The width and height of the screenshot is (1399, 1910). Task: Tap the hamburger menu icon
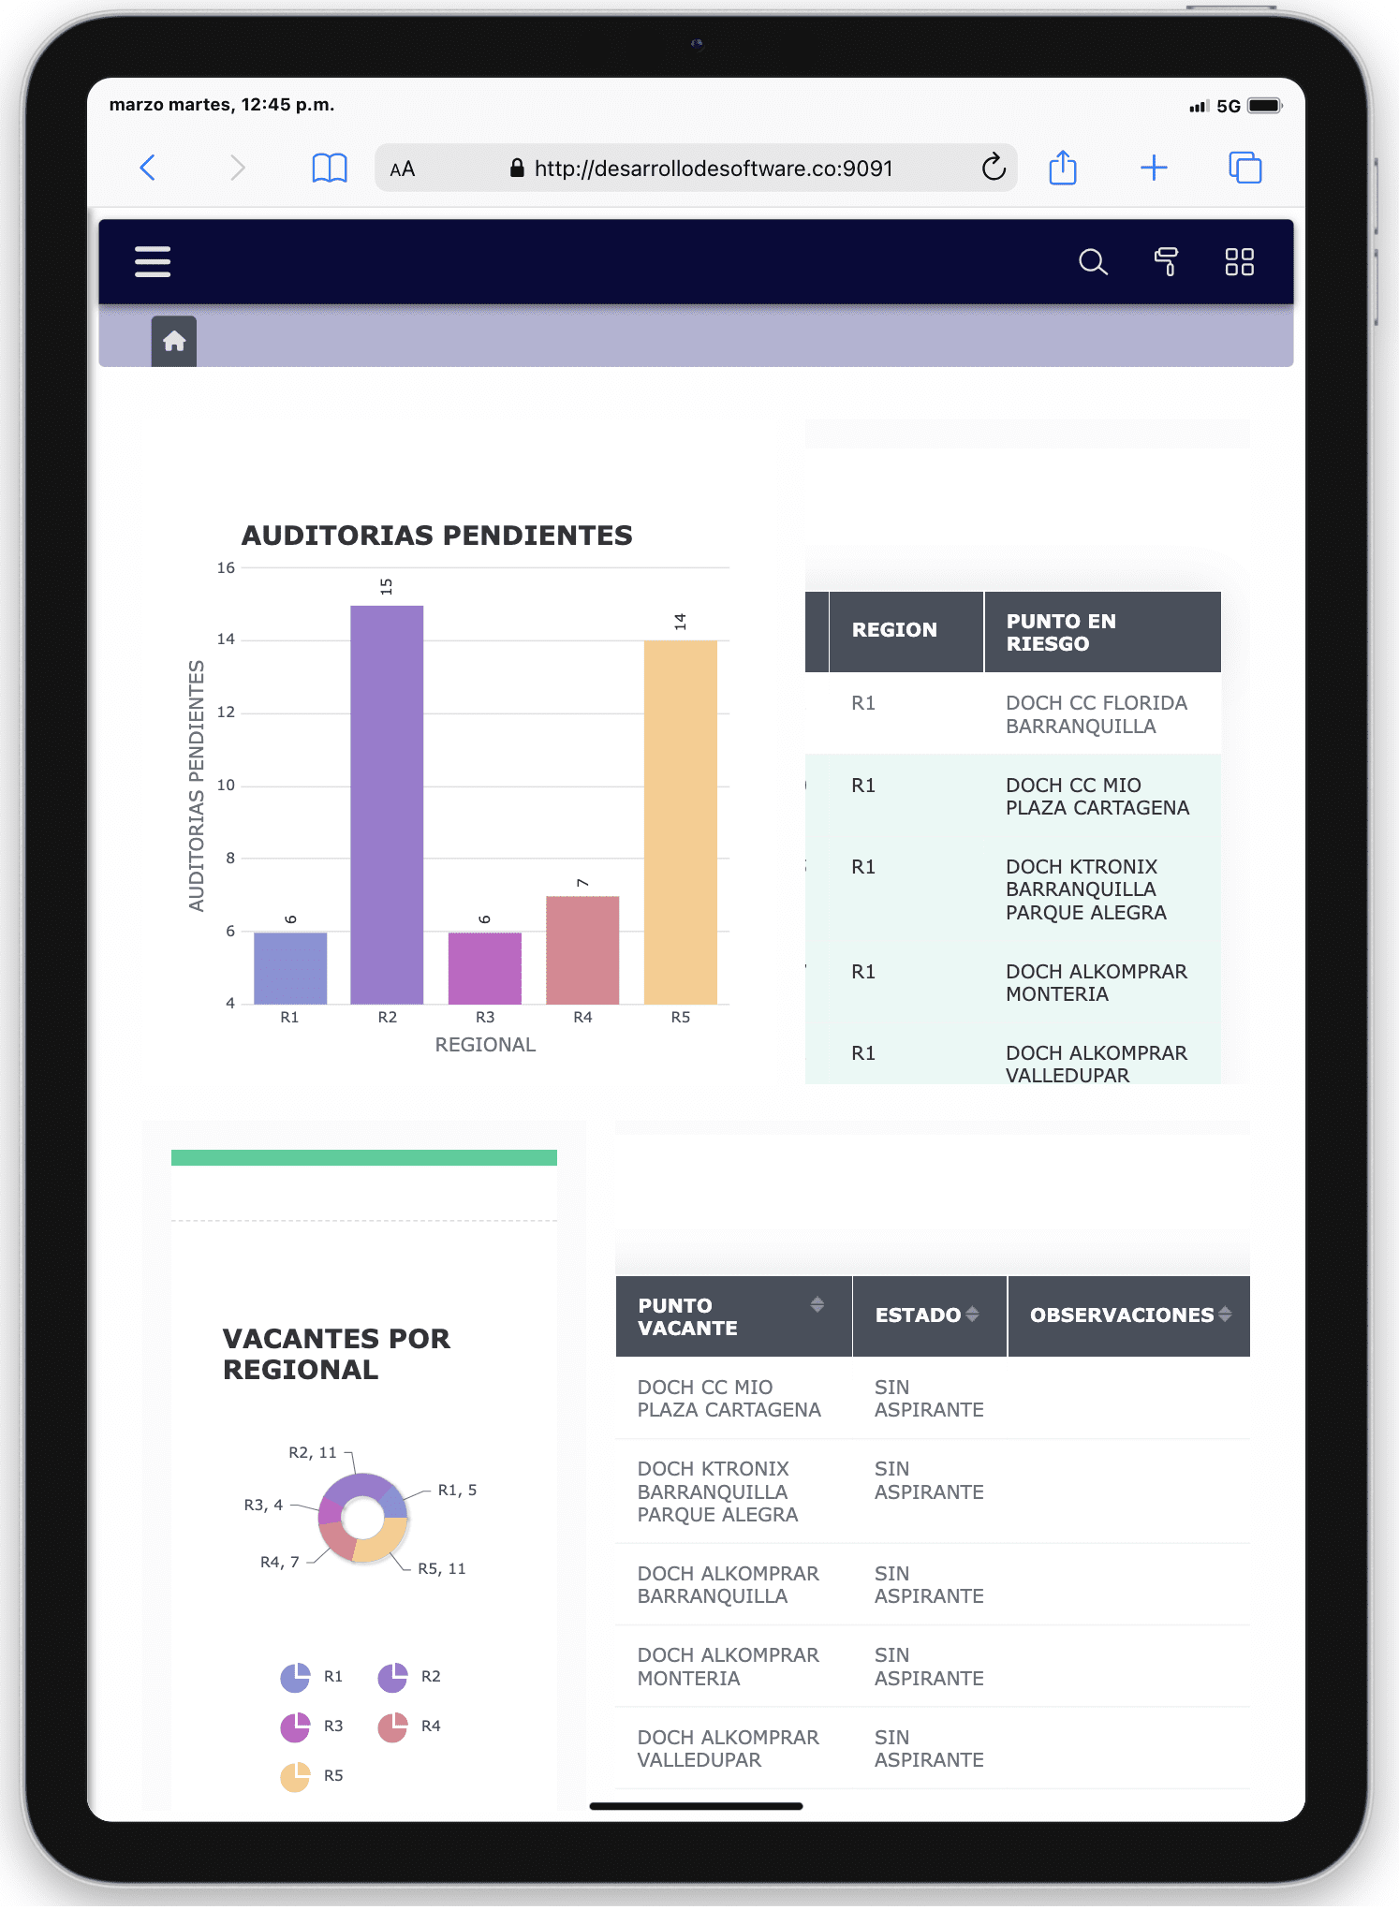pos(153,262)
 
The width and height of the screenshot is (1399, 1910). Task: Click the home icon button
pos(174,341)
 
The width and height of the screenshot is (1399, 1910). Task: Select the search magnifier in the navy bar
pos(1092,262)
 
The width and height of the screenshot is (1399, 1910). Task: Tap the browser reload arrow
pos(994,169)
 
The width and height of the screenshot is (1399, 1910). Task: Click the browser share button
pos(1063,169)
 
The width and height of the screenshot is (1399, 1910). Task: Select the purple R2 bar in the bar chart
pos(387,805)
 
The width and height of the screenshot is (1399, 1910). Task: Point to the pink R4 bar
pos(582,949)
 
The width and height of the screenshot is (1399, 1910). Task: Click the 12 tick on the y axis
pos(226,713)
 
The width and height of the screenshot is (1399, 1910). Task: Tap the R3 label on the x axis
pos(485,1018)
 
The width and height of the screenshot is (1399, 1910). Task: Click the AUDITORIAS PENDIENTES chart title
pos(437,536)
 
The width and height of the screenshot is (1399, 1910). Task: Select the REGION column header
pos(894,630)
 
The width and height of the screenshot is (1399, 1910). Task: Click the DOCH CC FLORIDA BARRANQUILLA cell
pos(1097,714)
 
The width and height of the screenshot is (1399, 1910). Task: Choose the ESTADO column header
pos(918,1315)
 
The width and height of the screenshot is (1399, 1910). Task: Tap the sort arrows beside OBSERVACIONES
pos(1225,1315)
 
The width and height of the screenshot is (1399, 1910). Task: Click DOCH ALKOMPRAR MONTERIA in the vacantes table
pos(728,1667)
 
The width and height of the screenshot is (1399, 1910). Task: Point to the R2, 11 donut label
pos(312,1453)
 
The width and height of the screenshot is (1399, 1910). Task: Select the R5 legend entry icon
pos(295,1776)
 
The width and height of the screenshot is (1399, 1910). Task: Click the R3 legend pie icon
pos(295,1726)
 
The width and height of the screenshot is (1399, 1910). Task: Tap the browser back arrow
pos(148,169)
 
